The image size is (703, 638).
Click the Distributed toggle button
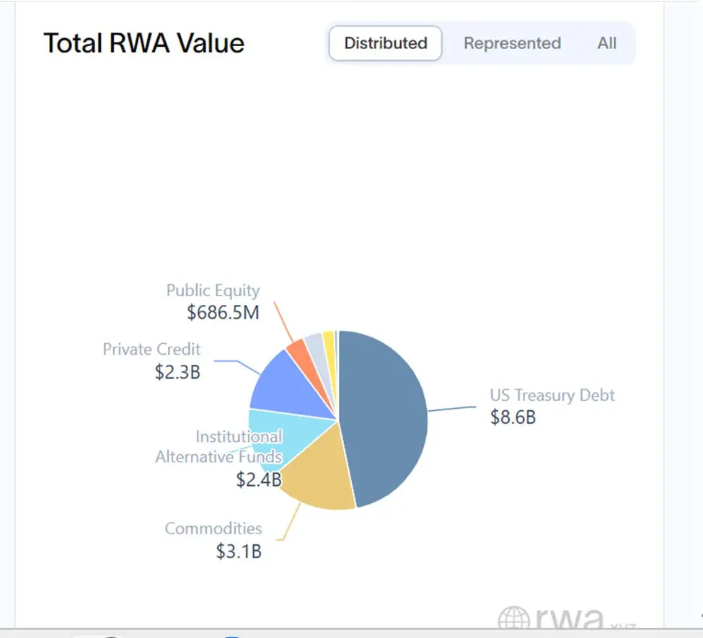(385, 43)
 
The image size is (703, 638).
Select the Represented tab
(512, 43)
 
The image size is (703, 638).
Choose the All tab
(606, 43)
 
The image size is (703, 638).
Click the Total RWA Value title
(144, 43)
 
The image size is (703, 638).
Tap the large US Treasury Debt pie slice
(386, 418)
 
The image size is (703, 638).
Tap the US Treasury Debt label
(552, 395)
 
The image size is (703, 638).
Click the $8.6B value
(513, 417)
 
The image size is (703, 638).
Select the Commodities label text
(213, 528)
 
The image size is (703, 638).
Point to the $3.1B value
(239, 551)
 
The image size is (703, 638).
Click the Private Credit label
(151, 350)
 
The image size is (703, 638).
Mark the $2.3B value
(177, 373)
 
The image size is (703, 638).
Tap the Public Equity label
(213, 291)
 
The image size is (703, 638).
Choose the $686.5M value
(223, 313)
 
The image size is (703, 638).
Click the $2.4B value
(258, 479)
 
